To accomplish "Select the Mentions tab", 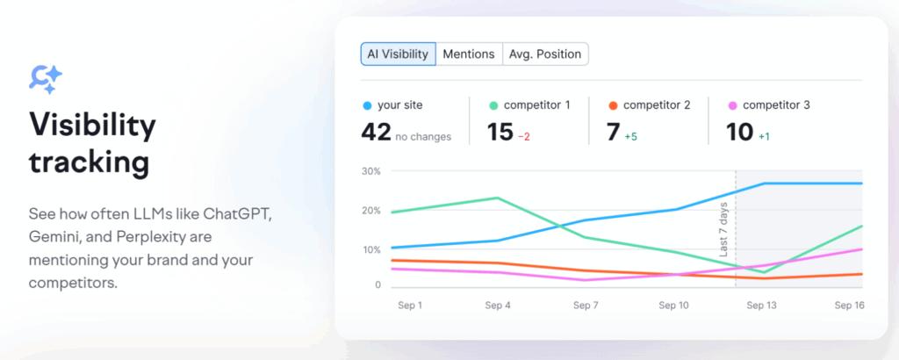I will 469,54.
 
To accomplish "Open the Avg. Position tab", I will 545,54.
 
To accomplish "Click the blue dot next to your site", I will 367,105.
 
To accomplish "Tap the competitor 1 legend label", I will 536,105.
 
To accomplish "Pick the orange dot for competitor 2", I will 613,105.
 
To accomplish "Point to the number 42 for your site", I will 376,133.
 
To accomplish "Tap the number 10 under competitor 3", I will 740,133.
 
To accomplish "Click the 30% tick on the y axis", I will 370,171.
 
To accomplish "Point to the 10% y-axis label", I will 370,250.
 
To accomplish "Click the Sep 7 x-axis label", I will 586,305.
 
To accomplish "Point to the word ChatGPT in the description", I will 236,214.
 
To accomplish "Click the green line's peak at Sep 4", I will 498,198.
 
